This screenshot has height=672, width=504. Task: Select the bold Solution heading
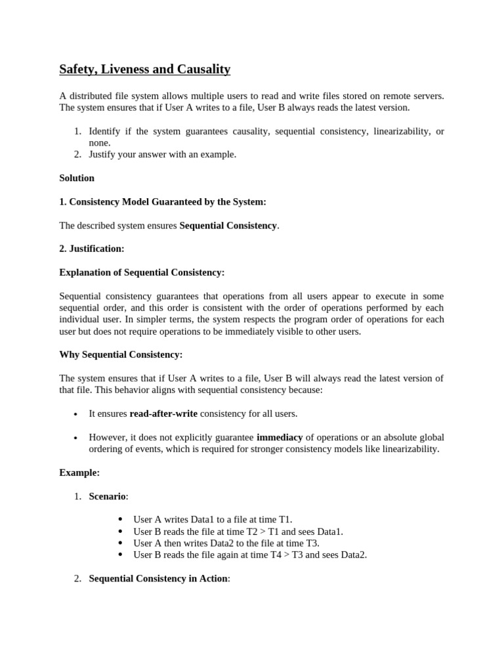tap(77, 178)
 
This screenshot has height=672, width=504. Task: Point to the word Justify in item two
tap(103, 154)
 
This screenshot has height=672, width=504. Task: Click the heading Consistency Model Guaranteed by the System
tap(167, 201)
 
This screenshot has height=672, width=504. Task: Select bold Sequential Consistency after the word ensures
tap(228, 225)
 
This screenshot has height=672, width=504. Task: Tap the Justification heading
tap(96, 249)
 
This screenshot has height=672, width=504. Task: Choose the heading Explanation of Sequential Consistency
tap(142, 272)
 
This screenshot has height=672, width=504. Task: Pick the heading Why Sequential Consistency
tap(121, 354)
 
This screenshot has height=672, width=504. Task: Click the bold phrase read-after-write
tap(163, 413)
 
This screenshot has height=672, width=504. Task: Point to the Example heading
tap(79, 472)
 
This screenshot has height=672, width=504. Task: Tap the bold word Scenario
tap(107, 496)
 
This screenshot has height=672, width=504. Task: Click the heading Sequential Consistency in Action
tap(158, 579)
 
